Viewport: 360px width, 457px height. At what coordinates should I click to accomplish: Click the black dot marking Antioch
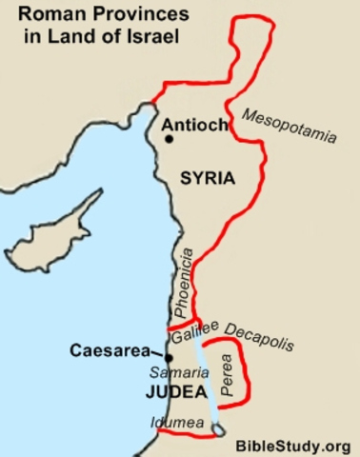coord(170,139)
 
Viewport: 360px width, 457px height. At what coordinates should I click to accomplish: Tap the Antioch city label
coord(194,124)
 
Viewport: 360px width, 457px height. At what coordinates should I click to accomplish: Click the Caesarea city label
coord(106,350)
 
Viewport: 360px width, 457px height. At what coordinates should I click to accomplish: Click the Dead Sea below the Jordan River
coord(219,431)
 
